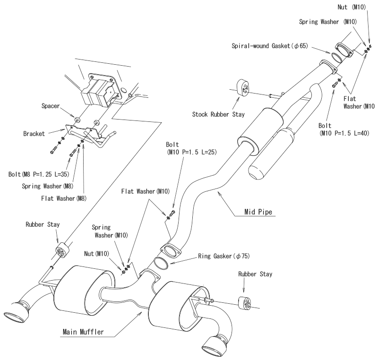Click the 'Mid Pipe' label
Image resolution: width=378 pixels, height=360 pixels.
[x=258, y=212]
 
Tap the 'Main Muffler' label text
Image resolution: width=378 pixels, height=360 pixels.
[x=83, y=332]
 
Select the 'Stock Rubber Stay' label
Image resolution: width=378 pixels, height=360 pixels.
[x=218, y=114]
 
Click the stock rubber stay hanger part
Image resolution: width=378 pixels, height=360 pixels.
[x=243, y=88]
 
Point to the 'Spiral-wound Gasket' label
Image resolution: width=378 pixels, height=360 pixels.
[x=270, y=46]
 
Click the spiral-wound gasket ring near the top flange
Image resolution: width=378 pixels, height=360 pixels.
[x=337, y=58]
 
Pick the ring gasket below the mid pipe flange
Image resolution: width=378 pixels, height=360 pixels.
[x=161, y=263]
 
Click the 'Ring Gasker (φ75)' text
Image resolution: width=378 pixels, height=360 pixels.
[x=223, y=256]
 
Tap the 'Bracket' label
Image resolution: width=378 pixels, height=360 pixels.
[x=34, y=134]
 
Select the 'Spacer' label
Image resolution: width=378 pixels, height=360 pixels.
[x=51, y=106]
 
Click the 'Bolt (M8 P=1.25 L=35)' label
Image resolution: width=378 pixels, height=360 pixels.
[x=39, y=174]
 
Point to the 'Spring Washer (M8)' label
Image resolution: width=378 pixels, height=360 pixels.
[x=48, y=186]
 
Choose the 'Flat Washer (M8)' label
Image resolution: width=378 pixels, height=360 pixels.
[x=64, y=198]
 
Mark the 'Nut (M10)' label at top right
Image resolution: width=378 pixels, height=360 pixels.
[x=352, y=7]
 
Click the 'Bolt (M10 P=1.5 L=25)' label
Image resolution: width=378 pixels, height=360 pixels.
[x=191, y=148]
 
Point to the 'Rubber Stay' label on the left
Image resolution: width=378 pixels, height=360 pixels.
[x=43, y=224]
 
